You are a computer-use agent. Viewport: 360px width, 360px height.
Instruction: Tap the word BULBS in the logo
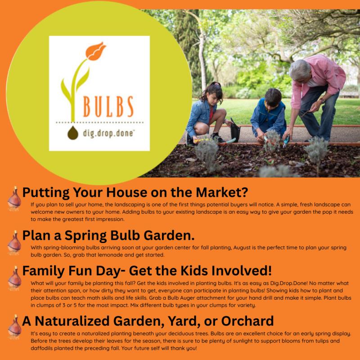tap(108, 107)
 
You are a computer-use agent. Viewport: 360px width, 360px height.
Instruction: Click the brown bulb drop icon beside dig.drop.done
tap(73, 133)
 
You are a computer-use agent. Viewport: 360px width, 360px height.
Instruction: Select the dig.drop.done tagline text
tap(108, 133)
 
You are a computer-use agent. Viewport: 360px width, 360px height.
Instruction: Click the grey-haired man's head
tap(300, 71)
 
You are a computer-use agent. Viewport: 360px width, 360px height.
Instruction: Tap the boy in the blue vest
tap(268, 115)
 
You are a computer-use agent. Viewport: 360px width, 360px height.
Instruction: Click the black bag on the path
tap(235, 131)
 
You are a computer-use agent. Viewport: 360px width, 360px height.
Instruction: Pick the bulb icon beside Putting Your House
tap(14, 198)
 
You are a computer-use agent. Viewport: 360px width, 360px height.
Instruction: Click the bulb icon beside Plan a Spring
tap(14, 243)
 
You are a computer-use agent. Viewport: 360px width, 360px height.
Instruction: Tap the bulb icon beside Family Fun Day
tap(14, 278)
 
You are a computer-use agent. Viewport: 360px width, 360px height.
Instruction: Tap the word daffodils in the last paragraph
tap(42, 348)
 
